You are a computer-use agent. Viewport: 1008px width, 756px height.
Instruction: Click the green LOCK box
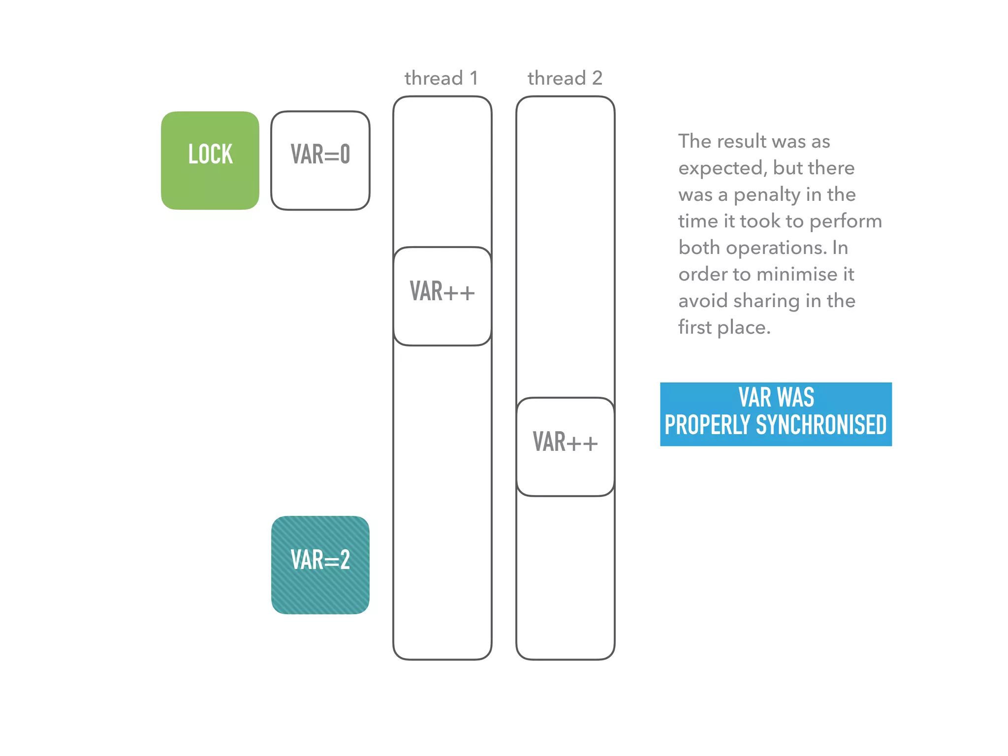tap(210, 160)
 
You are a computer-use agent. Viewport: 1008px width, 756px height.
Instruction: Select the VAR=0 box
tap(320, 160)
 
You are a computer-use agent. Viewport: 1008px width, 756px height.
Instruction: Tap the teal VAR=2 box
tap(320, 565)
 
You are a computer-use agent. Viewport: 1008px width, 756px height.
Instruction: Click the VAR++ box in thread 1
tap(442, 296)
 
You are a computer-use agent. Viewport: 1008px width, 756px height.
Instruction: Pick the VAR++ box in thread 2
tap(565, 446)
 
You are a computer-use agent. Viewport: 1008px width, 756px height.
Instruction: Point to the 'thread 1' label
tap(441, 78)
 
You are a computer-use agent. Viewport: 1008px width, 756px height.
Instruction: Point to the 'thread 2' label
tap(565, 78)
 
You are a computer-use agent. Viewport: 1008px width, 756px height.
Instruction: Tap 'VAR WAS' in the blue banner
tap(776, 397)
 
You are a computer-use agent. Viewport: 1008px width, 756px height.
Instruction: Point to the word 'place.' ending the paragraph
tap(744, 328)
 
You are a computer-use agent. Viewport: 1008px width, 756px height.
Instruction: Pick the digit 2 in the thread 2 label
tap(597, 78)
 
